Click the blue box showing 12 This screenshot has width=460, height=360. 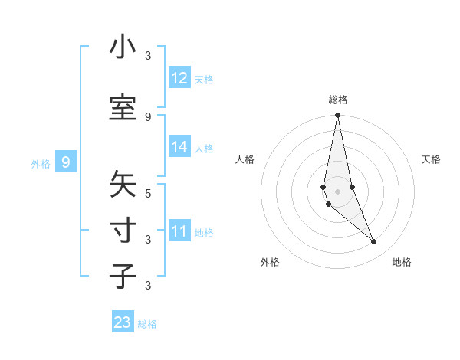point(179,78)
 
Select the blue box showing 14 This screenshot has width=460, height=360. point(179,147)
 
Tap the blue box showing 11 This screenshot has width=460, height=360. point(179,231)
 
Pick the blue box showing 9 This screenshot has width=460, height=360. point(66,162)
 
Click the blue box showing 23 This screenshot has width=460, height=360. point(123,322)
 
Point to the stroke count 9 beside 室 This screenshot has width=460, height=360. point(148,116)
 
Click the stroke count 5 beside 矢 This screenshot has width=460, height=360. point(148,193)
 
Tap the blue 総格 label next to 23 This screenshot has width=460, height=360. point(147,324)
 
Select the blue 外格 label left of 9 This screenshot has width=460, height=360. point(41,163)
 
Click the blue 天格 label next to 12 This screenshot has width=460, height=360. point(204,79)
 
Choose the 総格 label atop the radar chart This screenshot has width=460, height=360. point(338,100)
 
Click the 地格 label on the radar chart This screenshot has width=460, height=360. point(402,262)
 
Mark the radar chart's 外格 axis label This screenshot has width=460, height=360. point(270,262)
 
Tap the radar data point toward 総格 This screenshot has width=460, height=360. point(338,116)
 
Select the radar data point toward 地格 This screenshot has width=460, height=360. point(374,241)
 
